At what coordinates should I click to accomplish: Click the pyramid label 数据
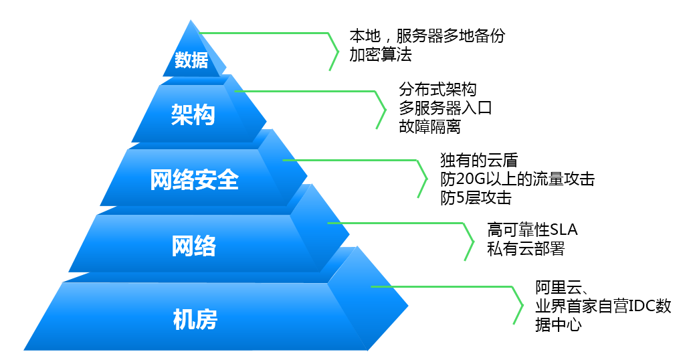[x=191, y=60]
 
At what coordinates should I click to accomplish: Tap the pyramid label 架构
[x=193, y=115]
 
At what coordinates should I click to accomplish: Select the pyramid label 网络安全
[x=195, y=179]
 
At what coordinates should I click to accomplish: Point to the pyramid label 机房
[x=195, y=319]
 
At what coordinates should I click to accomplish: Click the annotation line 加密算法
[x=381, y=55]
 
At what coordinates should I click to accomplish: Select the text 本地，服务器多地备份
[x=427, y=35]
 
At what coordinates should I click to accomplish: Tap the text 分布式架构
[x=437, y=89]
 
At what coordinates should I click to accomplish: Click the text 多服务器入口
[x=445, y=108]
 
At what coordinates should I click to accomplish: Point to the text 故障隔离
[x=429, y=126]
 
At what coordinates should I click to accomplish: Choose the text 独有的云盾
[x=479, y=161]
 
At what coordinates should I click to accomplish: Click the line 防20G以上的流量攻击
[x=517, y=179]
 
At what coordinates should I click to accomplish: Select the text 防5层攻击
[x=476, y=198]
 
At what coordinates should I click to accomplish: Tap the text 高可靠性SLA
[x=532, y=230]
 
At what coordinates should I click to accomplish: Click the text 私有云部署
[x=526, y=249]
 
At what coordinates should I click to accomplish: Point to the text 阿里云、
[x=562, y=288]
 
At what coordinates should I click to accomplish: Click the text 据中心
[x=559, y=325]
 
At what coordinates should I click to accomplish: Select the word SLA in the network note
[x=563, y=230]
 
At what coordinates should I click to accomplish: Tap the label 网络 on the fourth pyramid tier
[x=193, y=246]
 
